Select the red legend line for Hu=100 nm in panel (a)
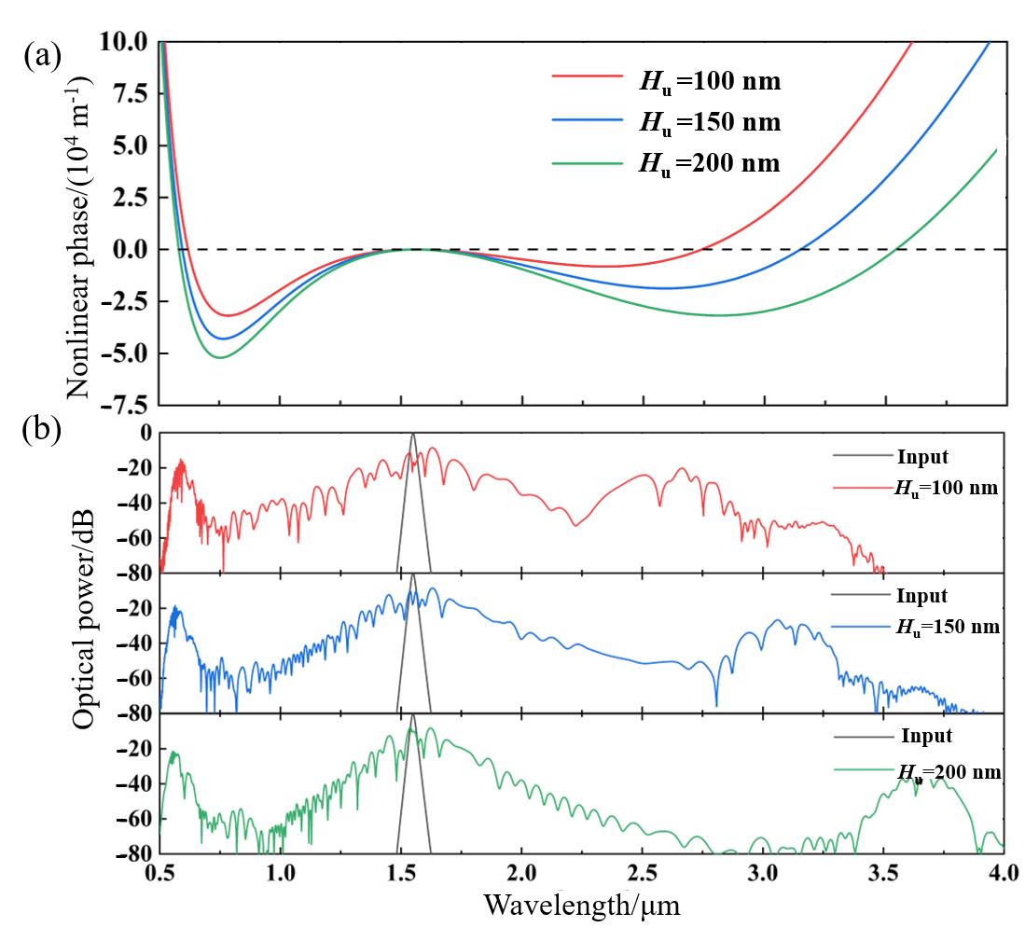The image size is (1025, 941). click(586, 81)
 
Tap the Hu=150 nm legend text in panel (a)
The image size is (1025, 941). click(709, 122)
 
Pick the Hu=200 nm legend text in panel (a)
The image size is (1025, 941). click(709, 163)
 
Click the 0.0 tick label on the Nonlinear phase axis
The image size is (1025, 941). click(129, 250)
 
